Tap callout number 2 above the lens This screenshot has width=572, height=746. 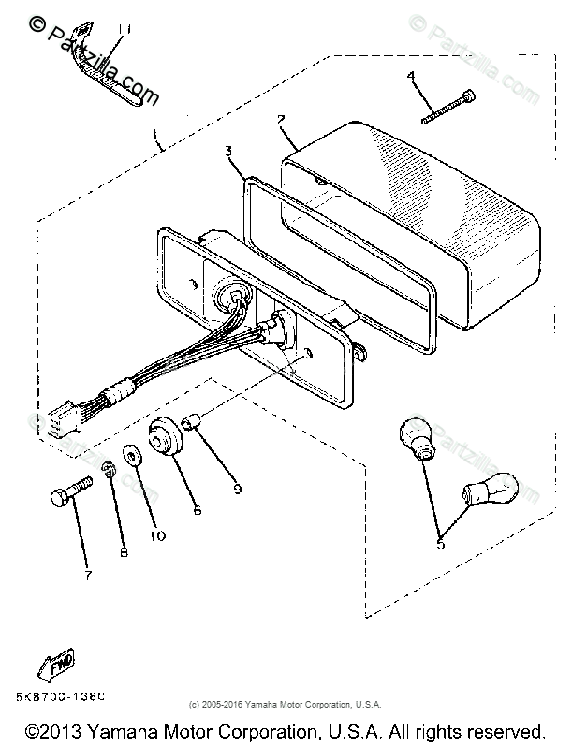pos(281,120)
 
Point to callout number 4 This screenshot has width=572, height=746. pos(410,75)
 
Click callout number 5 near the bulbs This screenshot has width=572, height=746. pos(442,540)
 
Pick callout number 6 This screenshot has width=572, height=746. pos(197,510)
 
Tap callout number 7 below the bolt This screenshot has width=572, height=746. pos(88,575)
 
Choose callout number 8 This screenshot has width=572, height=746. pos(124,552)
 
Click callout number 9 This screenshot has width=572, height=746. pos(237,488)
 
